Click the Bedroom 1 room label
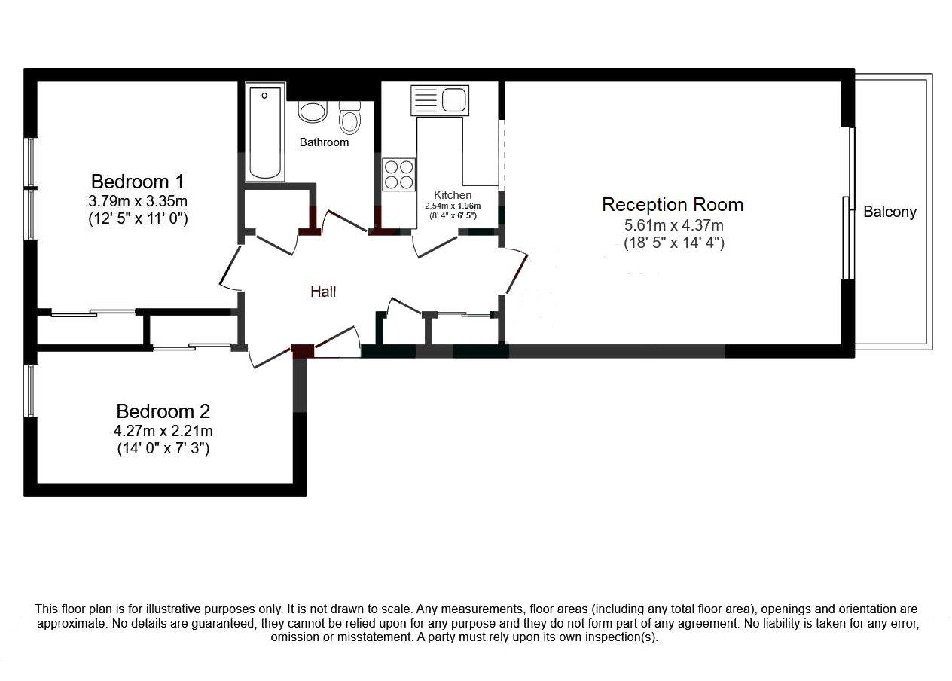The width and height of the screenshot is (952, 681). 138,182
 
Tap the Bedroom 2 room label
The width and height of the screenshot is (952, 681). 163,411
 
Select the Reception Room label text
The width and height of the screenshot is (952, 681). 673,205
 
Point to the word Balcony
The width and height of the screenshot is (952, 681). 890,212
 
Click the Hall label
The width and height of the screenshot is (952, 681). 323,292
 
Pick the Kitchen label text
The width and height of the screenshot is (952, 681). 453,194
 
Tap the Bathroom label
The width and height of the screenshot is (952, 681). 324,142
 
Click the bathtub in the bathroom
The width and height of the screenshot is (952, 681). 265,132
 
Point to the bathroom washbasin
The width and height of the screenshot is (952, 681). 313,111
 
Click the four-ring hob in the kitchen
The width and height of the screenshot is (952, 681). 398,174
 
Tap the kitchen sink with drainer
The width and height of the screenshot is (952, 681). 440,100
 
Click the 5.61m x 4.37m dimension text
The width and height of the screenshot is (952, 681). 673,225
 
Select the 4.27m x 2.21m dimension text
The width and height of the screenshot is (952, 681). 163,431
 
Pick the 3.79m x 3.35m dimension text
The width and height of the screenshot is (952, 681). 138,200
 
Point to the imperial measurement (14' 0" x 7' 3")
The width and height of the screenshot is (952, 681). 163,448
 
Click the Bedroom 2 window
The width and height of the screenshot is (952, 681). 31,390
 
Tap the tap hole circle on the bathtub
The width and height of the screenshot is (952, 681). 264,96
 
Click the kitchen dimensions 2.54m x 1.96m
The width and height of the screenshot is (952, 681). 453,206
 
